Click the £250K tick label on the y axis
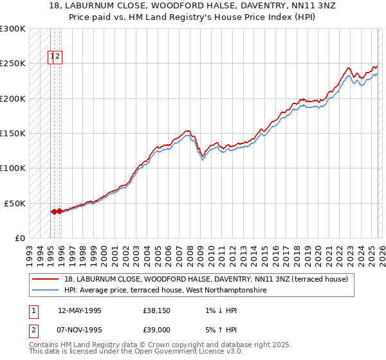[13, 64]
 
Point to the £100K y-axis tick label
[13, 168]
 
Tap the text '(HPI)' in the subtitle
[301, 17]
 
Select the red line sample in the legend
[46, 279]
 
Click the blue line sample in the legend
[46, 290]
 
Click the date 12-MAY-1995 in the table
[80, 310]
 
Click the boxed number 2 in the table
[33, 331]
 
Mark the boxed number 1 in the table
[33, 310]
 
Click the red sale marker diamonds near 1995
[56, 211]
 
